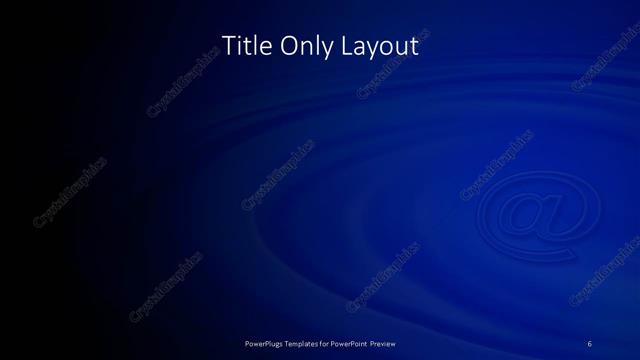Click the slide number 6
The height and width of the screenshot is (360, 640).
click(x=590, y=344)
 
